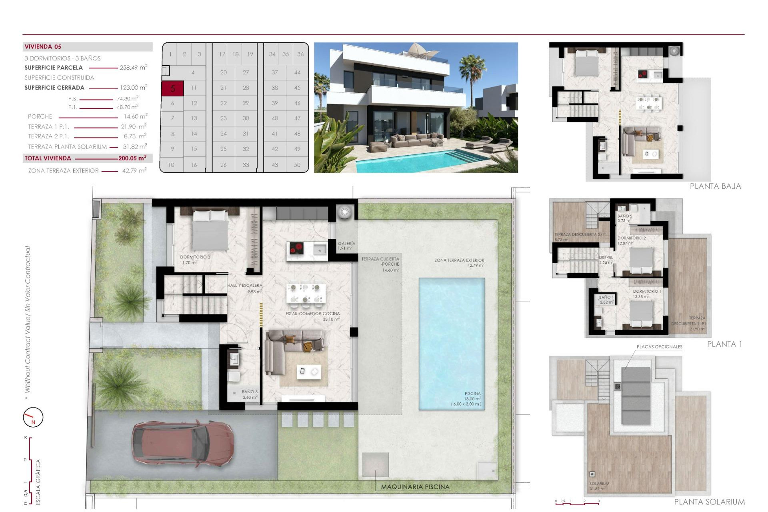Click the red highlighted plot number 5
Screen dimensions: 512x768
point(172,88)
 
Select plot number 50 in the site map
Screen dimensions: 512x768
point(297,165)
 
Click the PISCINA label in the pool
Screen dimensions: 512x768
point(472,394)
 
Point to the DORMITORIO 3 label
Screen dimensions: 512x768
point(195,257)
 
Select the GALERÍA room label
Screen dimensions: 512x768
point(346,244)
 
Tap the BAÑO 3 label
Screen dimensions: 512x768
point(250,392)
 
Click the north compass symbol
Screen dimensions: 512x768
point(33,417)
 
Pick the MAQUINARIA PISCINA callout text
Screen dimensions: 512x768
point(415,487)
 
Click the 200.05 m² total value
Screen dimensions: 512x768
point(132,158)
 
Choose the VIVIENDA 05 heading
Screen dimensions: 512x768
point(43,47)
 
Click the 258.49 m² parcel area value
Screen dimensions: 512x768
point(133,68)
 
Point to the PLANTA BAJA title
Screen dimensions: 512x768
point(715,186)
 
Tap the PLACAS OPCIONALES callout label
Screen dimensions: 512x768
point(659,347)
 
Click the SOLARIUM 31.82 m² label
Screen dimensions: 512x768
point(599,486)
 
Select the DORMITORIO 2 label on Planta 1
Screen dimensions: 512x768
point(631,238)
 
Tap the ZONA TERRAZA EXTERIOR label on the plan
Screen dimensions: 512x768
point(459,260)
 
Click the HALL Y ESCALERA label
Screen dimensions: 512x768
point(244,286)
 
